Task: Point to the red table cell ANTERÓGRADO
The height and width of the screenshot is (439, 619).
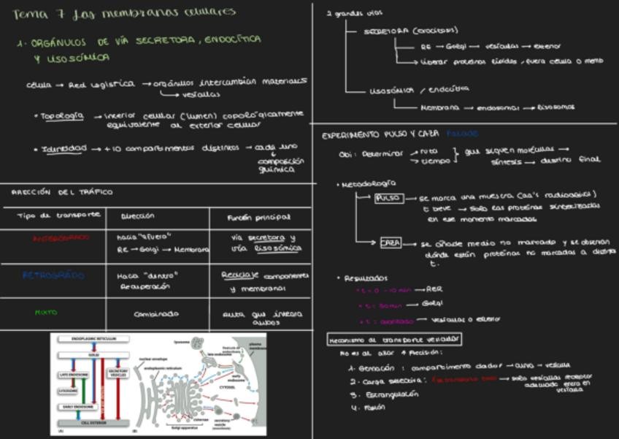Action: pyautogui.click(x=61, y=237)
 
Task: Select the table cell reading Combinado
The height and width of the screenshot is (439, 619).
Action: pyautogui.click(x=155, y=314)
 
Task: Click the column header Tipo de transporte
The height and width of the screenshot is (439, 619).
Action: pyautogui.click(x=59, y=215)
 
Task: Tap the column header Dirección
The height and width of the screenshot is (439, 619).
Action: pyautogui.click(x=138, y=216)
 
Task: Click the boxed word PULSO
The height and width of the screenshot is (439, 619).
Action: pyautogui.click(x=388, y=198)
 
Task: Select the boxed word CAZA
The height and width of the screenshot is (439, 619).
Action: pyautogui.click(x=391, y=243)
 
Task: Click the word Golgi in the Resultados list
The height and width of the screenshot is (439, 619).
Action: pyautogui.click(x=432, y=303)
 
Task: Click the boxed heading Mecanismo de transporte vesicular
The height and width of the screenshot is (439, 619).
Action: pyautogui.click(x=394, y=339)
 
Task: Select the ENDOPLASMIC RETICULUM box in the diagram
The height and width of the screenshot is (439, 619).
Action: pyautogui.click(x=93, y=339)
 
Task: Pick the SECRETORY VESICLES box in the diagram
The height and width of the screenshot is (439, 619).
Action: pyautogui.click(x=118, y=373)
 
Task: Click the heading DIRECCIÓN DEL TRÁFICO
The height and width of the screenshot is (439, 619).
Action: pyautogui.click(x=62, y=192)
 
